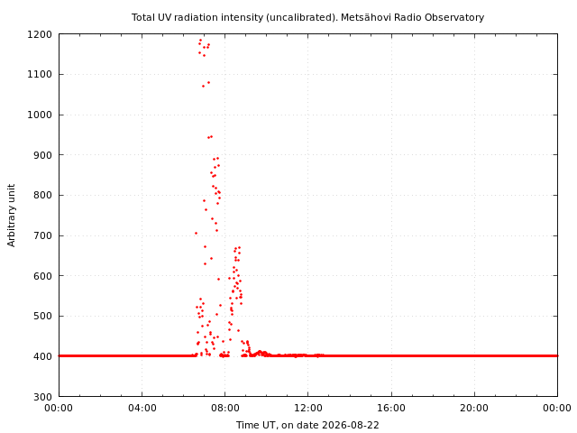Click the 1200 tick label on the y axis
(40, 34)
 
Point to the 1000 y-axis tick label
(40, 115)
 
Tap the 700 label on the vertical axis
(43, 235)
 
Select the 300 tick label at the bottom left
(43, 397)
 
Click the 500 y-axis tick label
(43, 317)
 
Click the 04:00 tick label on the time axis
(142, 408)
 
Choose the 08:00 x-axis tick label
(224, 408)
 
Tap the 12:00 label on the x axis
(308, 408)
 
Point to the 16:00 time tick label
(391, 408)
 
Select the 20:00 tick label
(474, 408)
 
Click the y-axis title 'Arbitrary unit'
(12, 216)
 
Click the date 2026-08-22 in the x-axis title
(351, 425)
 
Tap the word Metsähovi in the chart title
(362, 17)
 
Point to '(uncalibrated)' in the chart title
(302, 18)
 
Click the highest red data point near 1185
(200, 40)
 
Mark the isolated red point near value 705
(197, 233)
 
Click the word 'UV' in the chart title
(166, 17)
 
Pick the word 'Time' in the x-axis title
(246, 425)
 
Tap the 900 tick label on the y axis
(43, 155)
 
